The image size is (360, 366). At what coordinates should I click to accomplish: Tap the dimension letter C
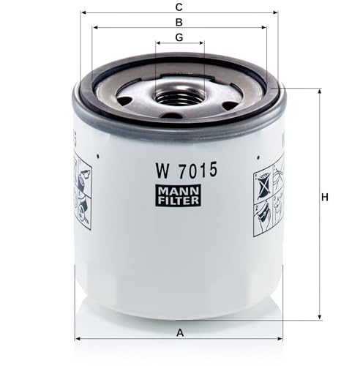click(x=179, y=7)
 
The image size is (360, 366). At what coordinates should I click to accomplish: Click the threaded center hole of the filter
click(x=180, y=96)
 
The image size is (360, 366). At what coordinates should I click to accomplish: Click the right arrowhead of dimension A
click(x=282, y=339)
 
